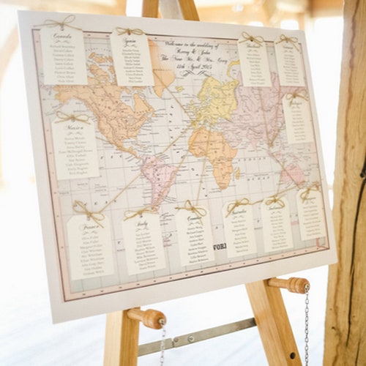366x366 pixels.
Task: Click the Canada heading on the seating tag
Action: (x=62, y=34)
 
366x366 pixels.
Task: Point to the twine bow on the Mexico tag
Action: (x=72, y=116)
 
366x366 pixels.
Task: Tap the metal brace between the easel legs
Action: (x=198, y=337)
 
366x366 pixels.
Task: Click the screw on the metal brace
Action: (x=192, y=338)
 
